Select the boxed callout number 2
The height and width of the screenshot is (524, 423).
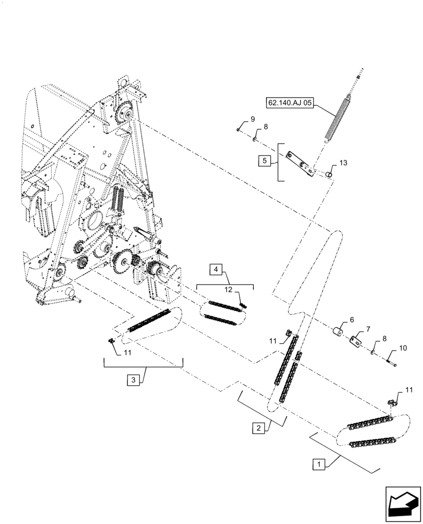tap(258, 428)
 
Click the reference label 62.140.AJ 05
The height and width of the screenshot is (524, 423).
tap(291, 104)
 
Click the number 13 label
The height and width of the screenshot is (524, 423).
tap(343, 163)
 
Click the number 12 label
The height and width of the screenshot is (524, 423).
tap(229, 290)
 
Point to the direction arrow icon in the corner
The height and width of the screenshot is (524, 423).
tap(403, 504)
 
